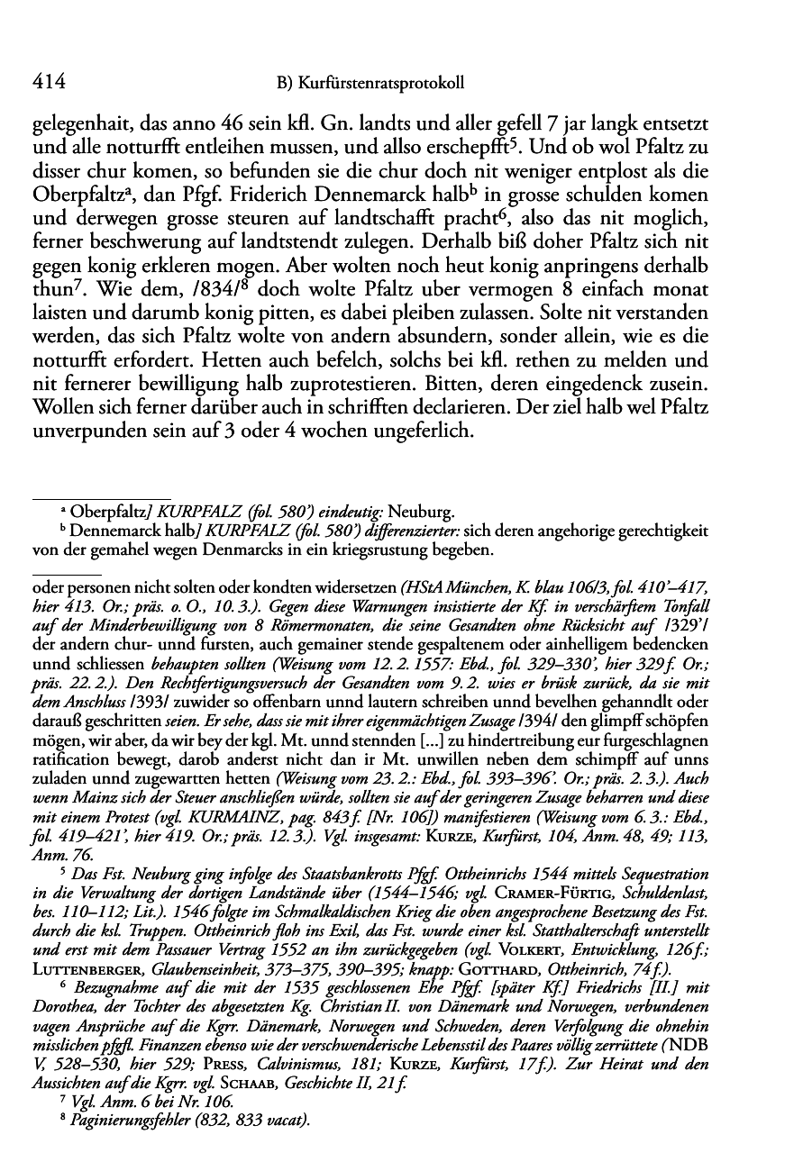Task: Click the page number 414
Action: click(48, 83)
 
